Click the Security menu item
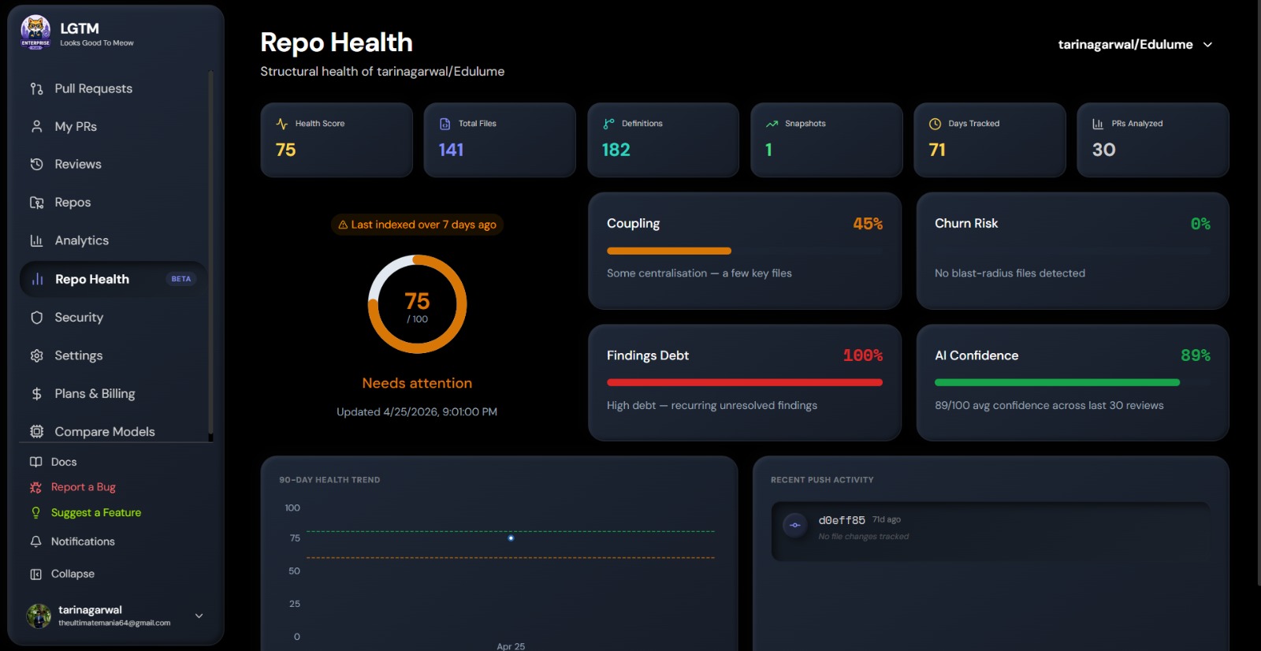79,317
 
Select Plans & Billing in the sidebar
95,393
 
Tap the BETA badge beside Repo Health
180,279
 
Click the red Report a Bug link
83,486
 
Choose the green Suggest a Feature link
95,512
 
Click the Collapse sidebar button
73,573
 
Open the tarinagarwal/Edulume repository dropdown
1135,44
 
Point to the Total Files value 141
451,150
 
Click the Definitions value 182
616,150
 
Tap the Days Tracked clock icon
935,124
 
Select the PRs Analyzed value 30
1103,150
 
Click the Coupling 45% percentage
868,224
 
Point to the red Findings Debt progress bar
744,382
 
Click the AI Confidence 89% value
1195,355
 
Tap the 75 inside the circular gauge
417,301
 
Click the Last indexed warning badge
417,225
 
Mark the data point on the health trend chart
511,538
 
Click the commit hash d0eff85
841,520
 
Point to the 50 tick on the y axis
294,571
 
